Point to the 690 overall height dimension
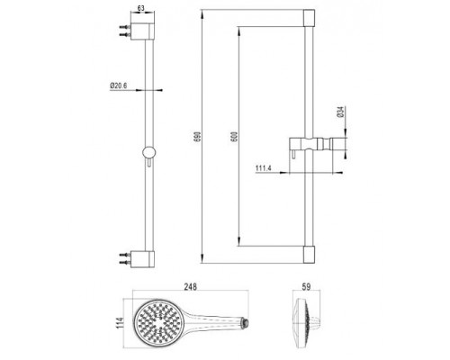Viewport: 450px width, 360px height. point(207,131)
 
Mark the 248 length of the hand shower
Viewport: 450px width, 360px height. point(191,289)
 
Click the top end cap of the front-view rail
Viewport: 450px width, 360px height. point(310,17)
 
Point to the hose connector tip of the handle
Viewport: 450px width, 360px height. point(240,321)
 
